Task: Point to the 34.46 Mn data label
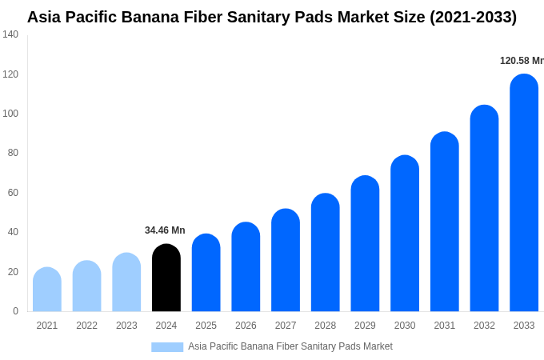point(165,230)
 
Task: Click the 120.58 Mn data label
point(522,61)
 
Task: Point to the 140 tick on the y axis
point(10,34)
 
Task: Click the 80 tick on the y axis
point(13,153)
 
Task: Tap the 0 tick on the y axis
point(15,311)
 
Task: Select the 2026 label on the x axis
point(246,326)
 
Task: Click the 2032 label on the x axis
point(484,326)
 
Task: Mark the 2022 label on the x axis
point(86,326)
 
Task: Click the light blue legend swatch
point(167,347)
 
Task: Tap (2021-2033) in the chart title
point(474,17)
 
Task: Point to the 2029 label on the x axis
point(365,326)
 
